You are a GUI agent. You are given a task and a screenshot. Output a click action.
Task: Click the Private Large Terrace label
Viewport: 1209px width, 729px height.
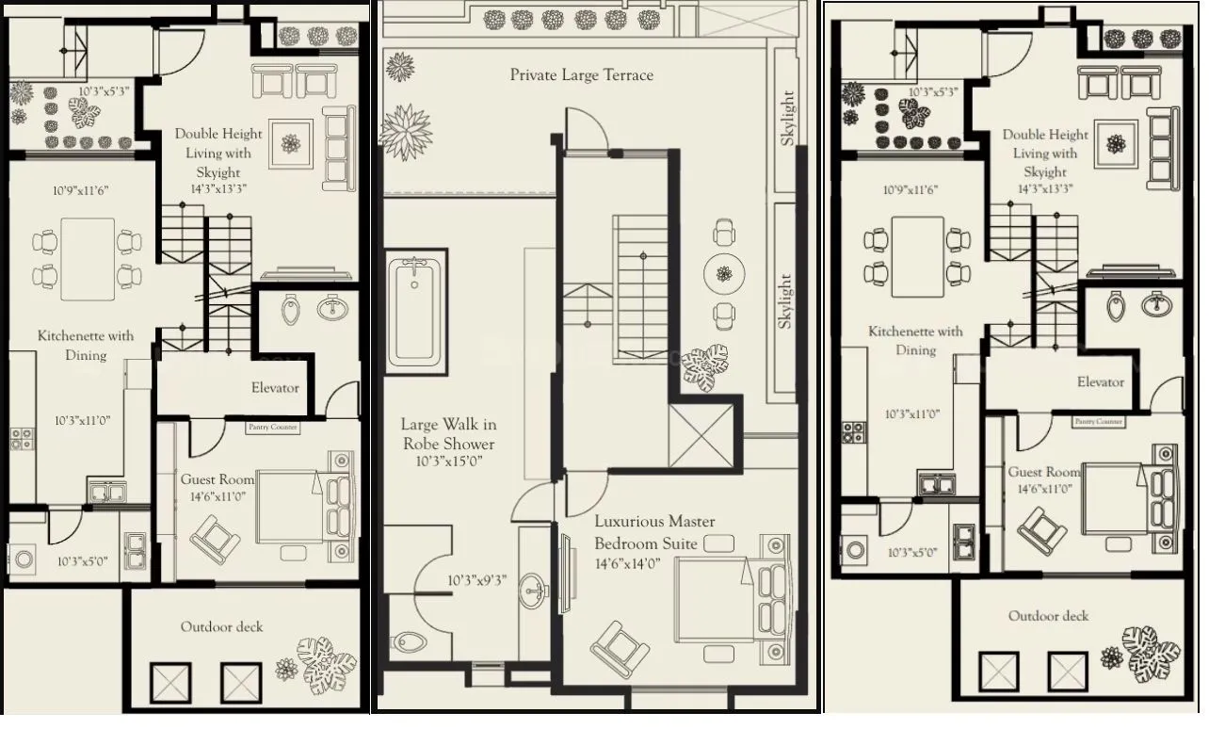coord(581,74)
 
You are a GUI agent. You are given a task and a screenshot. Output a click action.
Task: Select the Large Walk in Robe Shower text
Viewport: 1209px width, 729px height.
coord(448,434)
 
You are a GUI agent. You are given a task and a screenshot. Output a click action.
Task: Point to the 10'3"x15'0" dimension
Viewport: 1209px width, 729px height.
coord(448,462)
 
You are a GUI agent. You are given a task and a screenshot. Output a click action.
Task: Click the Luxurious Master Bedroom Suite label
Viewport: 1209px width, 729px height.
coord(653,532)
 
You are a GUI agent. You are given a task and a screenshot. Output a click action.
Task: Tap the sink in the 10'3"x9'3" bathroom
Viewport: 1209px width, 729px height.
coord(534,590)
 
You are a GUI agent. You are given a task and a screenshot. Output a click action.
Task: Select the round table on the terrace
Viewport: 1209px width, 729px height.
coord(723,273)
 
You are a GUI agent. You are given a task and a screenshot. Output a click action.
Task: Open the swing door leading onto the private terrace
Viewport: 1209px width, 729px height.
coord(582,132)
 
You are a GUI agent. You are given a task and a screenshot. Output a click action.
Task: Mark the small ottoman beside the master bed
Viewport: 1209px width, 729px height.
coord(717,543)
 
